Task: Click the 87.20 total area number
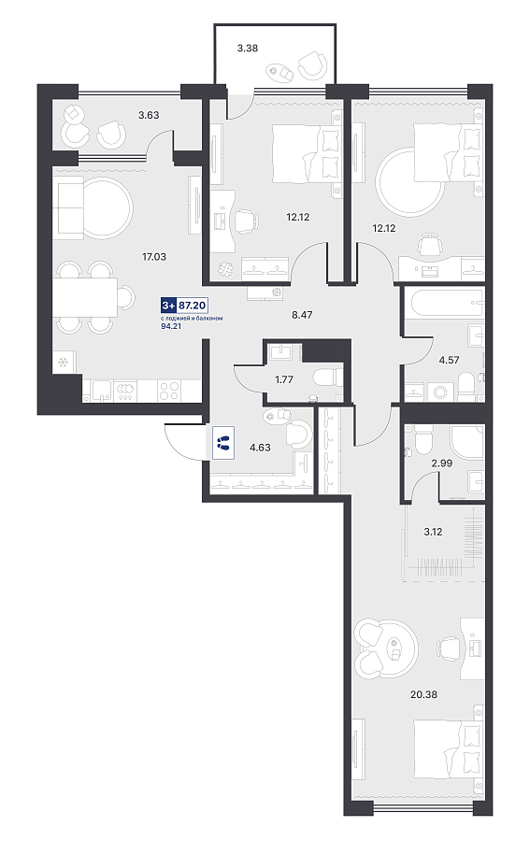[x=193, y=306]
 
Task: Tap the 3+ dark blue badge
[x=168, y=306]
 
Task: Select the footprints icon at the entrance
[x=223, y=443]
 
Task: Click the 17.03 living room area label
[x=154, y=257]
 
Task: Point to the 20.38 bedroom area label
[x=423, y=694]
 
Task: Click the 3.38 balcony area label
[x=248, y=49]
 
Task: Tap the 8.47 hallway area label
[x=302, y=315]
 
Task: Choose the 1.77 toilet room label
[x=284, y=379]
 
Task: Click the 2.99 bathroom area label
[x=442, y=463]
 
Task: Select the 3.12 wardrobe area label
[x=433, y=532]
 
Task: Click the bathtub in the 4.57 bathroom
[x=447, y=303]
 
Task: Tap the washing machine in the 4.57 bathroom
[x=440, y=392]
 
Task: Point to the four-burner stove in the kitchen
[x=168, y=391]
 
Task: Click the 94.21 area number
[x=171, y=325]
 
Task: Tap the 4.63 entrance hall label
[x=260, y=448]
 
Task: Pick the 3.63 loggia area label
[x=149, y=115]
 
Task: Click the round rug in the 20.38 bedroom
[x=387, y=648]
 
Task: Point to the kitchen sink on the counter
[x=100, y=391]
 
